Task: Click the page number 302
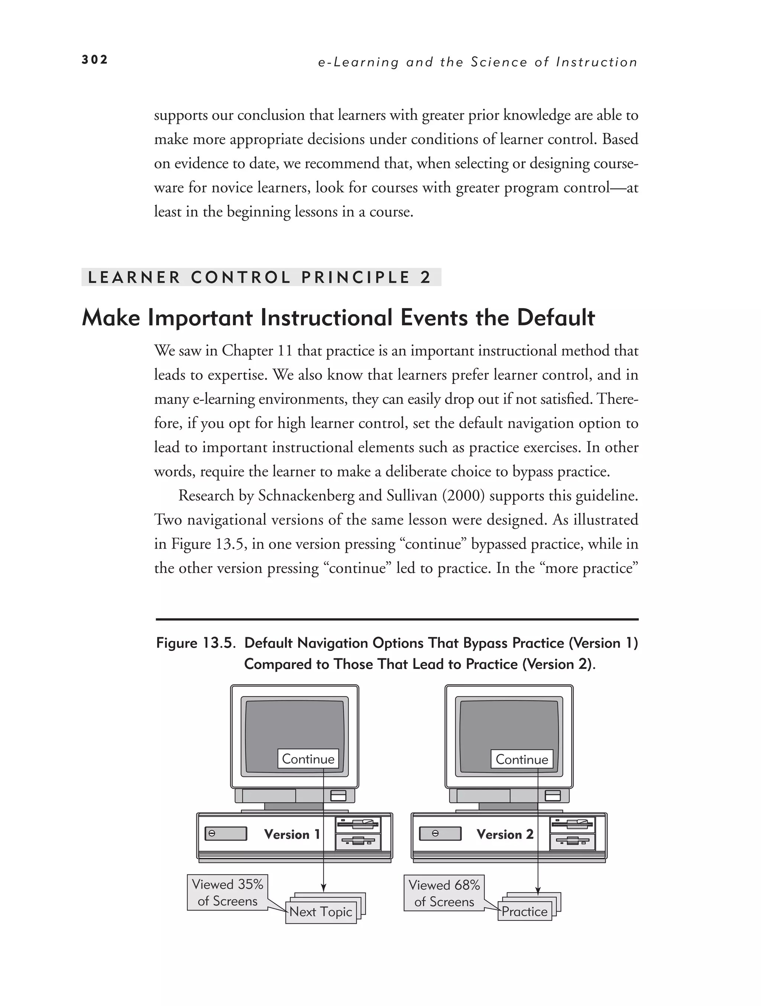pyautogui.click(x=94, y=59)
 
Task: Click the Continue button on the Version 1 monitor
pyautogui.click(x=308, y=759)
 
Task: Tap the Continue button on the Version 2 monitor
pyautogui.click(x=521, y=759)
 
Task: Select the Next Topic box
pyautogui.click(x=321, y=912)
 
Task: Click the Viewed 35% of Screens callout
pyautogui.click(x=227, y=892)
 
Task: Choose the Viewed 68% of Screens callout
pyautogui.click(x=444, y=893)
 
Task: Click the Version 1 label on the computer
pyautogui.click(x=292, y=834)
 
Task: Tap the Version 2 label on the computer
pyautogui.click(x=505, y=834)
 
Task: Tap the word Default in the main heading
pyautogui.click(x=556, y=317)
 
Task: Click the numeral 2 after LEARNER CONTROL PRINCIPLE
pyautogui.click(x=425, y=277)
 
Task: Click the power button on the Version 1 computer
pyautogui.click(x=212, y=834)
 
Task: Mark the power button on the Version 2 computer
pyautogui.click(x=435, y=834)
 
